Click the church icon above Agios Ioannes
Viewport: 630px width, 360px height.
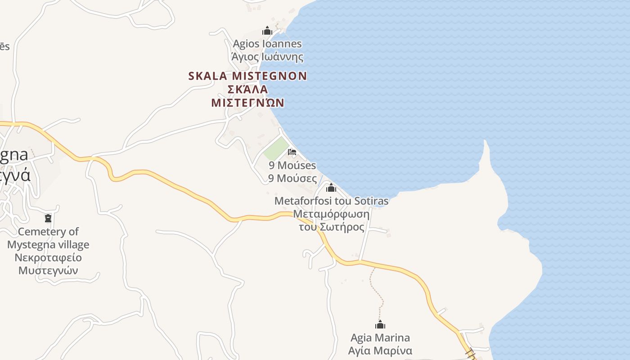pyautogui.click(x=267, y=31)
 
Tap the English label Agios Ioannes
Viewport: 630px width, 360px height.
pyautogui.click(x=267, y=44)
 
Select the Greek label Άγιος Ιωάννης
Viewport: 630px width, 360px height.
pyautogui.click(x=267, y=57)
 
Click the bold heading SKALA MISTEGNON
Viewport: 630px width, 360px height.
pyautogui.click(x=247, y=76)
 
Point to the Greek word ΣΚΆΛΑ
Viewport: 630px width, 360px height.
pyautogui.click(x=248, y=89)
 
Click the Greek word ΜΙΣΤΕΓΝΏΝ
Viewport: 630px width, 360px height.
pyautogui.click(x=248, y=103)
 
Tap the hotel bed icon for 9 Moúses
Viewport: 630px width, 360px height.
pyautogui.click(x=292, y=152)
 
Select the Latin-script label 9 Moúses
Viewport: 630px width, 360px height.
pyautogui.click(x=292, y=166)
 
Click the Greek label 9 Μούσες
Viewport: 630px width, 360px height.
pyautogui.click(x=292, y=178)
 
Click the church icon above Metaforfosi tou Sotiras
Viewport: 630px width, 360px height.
pyautogui.click(x=331, y=188)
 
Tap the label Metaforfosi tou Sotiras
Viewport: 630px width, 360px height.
pyautogui.click(x=331, y=201)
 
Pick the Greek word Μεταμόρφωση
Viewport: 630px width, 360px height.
pyautogui.click(x=331, y=214)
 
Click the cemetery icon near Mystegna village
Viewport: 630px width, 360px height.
pyautogui.click(x=48, y=218)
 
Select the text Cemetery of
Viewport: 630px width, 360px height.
pyautogui.click(x=48, y=232)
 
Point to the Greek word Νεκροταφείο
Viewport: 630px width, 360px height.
pyautogui.click(x=48, y=258)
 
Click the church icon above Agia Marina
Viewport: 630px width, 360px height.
pyautogui.click(x=380, y=324)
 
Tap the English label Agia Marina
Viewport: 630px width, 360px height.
pyautogui.click(x=380, y=337)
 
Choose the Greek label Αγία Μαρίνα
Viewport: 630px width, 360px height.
pyautogui.click(x=380, y=351)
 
